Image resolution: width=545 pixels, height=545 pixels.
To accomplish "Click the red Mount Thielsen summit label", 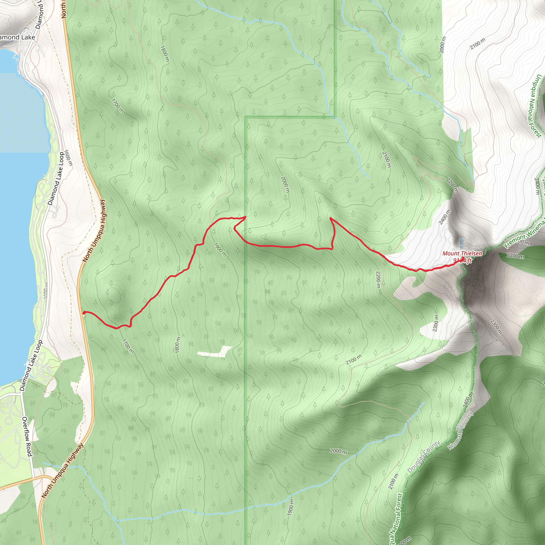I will click(462, 253).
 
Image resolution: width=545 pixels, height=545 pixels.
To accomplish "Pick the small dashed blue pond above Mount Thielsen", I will click(461, 242).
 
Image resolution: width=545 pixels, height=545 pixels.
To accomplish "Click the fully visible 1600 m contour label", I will click(69, 158).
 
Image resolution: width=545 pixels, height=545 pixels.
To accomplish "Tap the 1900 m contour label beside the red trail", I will click(220, 250).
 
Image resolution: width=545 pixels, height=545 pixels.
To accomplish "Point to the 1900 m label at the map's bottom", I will click(291, 507).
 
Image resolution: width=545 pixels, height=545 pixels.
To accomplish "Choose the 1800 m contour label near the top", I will click(164, 53).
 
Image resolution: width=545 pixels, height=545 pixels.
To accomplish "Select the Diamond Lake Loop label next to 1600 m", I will click(56, 179).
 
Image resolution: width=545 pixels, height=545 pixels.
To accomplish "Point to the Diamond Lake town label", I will click(17, 37).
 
